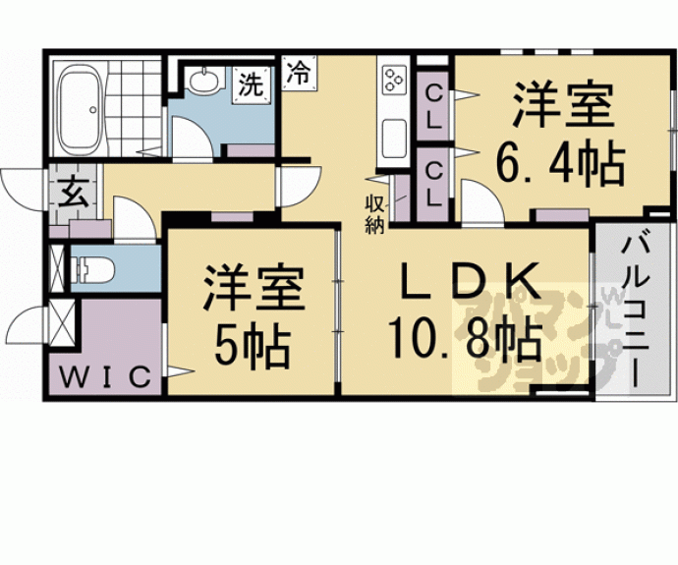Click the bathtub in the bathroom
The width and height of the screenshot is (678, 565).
tap(81, 110)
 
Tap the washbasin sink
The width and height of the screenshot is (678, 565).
tap(203, 81)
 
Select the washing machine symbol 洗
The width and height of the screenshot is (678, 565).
tap(252, 85)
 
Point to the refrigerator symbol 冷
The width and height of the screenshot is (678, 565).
tap(300, 72)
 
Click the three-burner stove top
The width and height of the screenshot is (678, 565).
tap(394, 81)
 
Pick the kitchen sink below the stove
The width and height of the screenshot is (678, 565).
tap(394, 139)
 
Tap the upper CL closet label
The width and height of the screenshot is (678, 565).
tap(433, 107)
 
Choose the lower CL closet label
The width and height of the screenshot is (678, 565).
tap(433, 184)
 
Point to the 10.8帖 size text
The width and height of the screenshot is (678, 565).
tap(465, 340)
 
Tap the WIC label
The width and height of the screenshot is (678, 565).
tap(105, 377)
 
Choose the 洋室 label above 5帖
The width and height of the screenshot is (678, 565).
tap(254, 288)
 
